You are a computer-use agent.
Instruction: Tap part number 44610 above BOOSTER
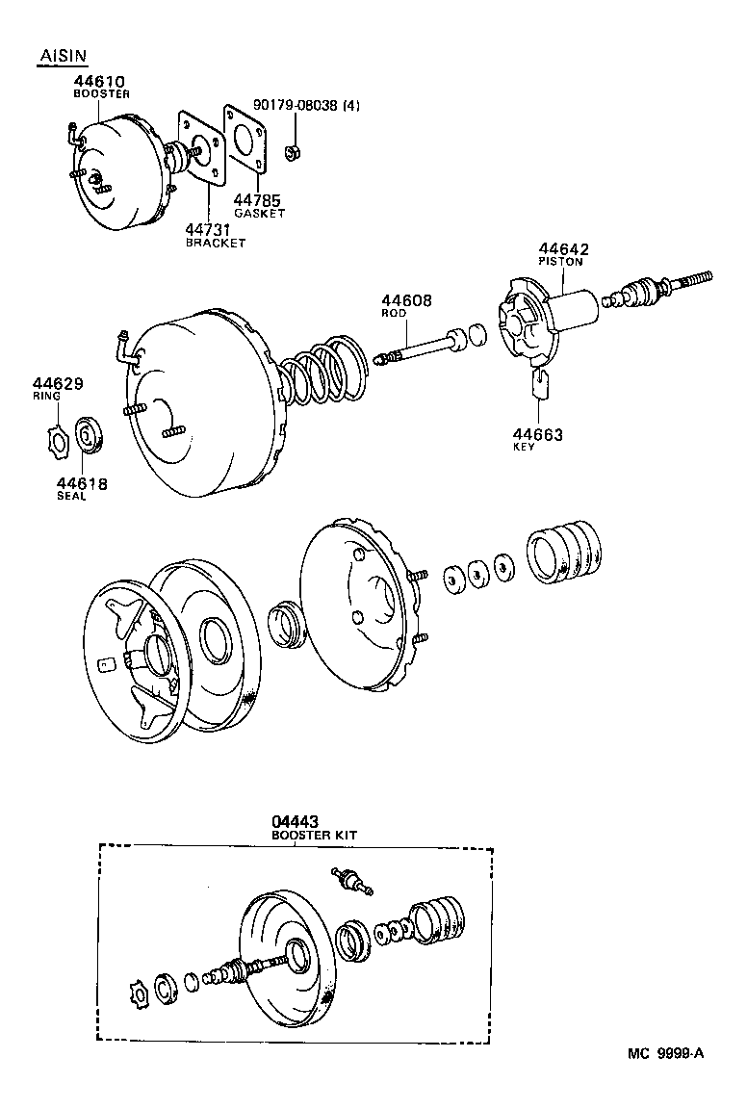click(99, 83)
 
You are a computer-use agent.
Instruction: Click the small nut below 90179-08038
click(291, 151)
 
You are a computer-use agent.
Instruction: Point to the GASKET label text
click(259, 214)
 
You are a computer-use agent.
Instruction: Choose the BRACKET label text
click(215, 244)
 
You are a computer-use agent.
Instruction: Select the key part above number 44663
click(540, 384)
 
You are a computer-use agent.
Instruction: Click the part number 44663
click(538, 434)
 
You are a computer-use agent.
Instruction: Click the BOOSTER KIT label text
click(312, 836)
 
